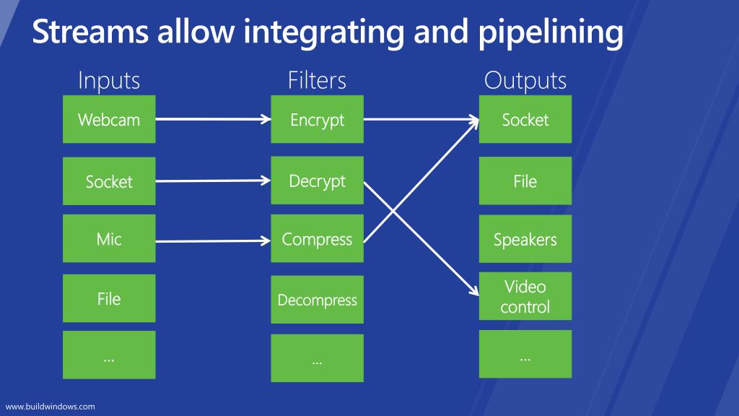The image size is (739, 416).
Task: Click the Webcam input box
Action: point(109,119)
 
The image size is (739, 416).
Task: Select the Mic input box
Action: point(109,238)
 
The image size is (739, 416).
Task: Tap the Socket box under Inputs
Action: point(109,181)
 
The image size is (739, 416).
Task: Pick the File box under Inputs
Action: point(109,298)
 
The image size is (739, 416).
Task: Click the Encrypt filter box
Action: point(318,119)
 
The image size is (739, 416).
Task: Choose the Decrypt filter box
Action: point(318,181)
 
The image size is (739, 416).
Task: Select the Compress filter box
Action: point(318,238)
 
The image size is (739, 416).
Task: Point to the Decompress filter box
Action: point(318,300)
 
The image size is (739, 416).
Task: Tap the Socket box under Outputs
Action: point(525,119)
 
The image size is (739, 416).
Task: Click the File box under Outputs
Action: point(525,181)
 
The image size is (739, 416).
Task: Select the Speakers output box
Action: point(525,239)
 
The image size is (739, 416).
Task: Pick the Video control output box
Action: point(525,296)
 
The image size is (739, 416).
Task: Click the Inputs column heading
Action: point(109,81)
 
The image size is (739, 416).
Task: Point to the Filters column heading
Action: point(318,80)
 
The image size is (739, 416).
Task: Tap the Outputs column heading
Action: point(525,81)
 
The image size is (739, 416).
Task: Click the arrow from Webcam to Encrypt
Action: point(213,119)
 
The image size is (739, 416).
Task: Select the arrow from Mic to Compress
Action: point(213,241)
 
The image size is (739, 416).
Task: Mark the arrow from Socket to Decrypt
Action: point(213,181)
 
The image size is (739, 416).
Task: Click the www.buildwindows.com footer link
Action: point(50,407)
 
